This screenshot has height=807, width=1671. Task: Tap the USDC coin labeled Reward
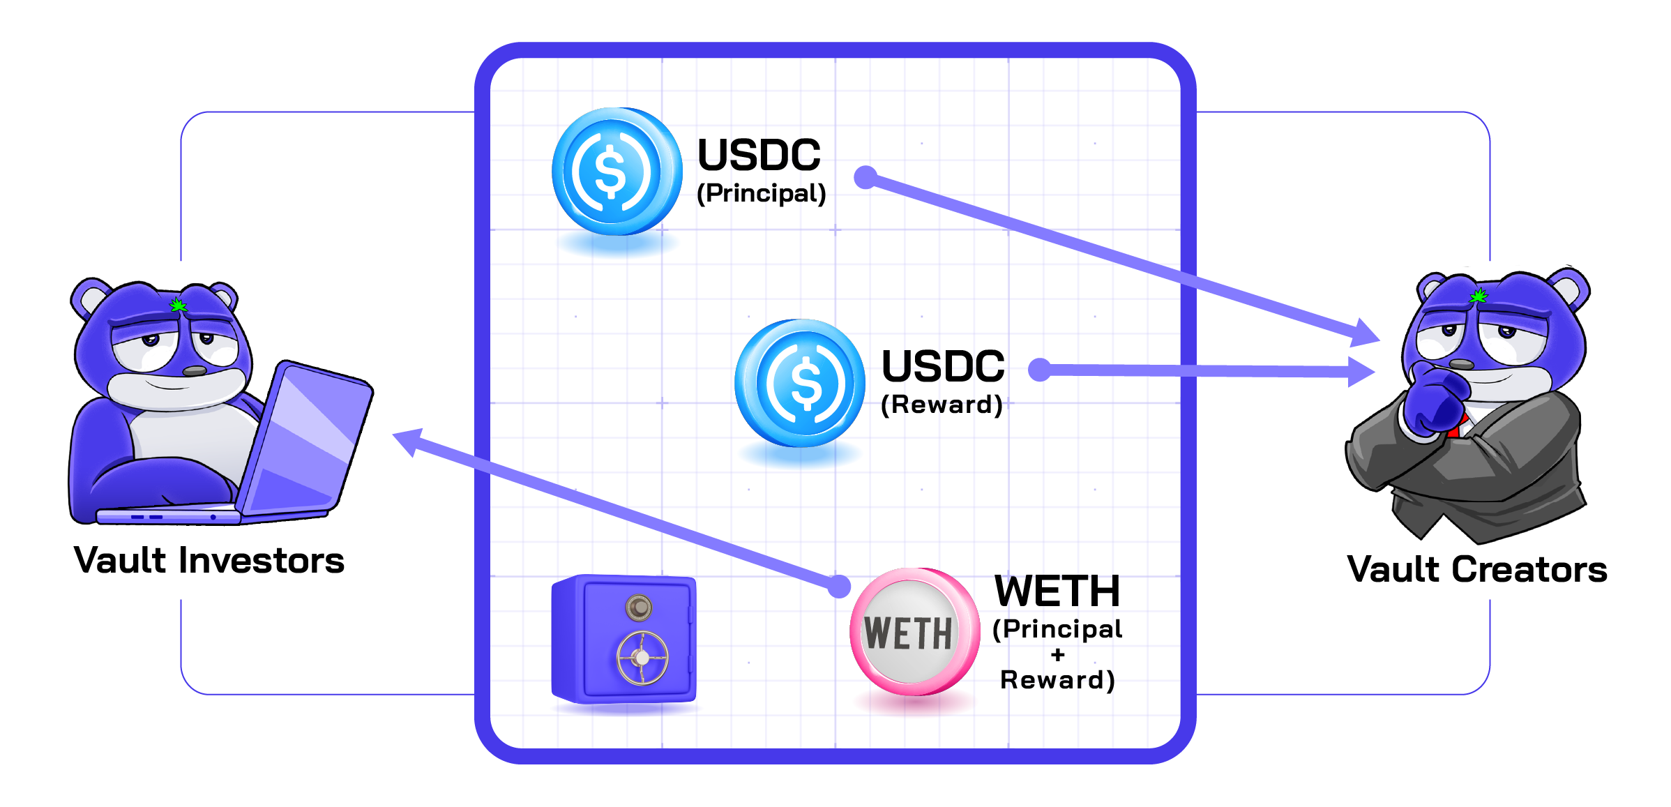tap(799, 383)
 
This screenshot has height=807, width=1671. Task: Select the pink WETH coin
tap(914, 632)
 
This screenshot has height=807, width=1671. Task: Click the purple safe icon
tap(623, 639)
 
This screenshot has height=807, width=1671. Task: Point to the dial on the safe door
tap(638, 608)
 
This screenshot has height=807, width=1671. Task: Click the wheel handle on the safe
tap(642, 657)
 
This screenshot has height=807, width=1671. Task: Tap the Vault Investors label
tap(209, 560)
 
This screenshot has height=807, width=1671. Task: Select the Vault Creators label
tap(1477, 568)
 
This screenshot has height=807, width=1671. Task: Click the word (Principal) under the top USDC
tap(762, 193)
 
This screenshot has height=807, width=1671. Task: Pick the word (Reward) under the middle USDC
tap(942, 405)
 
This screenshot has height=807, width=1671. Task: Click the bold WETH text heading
tap(1057, 591)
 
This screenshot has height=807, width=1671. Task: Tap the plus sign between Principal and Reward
tap(1058, 655)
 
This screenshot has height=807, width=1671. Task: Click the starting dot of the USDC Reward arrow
tap(1039, 370)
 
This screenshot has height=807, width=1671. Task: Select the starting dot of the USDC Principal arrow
tap(865, 177)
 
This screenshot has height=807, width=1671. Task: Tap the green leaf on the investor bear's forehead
tap(179, 305)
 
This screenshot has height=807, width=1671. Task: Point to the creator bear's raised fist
tap(1433, 401)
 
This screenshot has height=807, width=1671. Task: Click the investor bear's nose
tap(195, 370)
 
